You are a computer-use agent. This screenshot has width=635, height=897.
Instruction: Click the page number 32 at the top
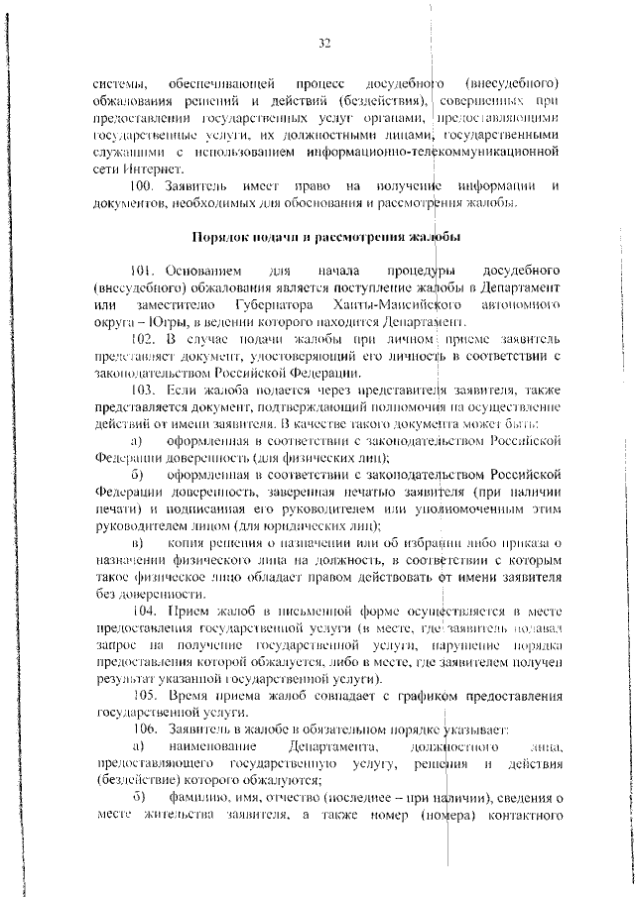[x=323, y=43]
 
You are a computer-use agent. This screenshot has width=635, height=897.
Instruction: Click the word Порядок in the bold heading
[x=219, y=238]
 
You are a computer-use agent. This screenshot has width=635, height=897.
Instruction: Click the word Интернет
[x=143, y=169]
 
